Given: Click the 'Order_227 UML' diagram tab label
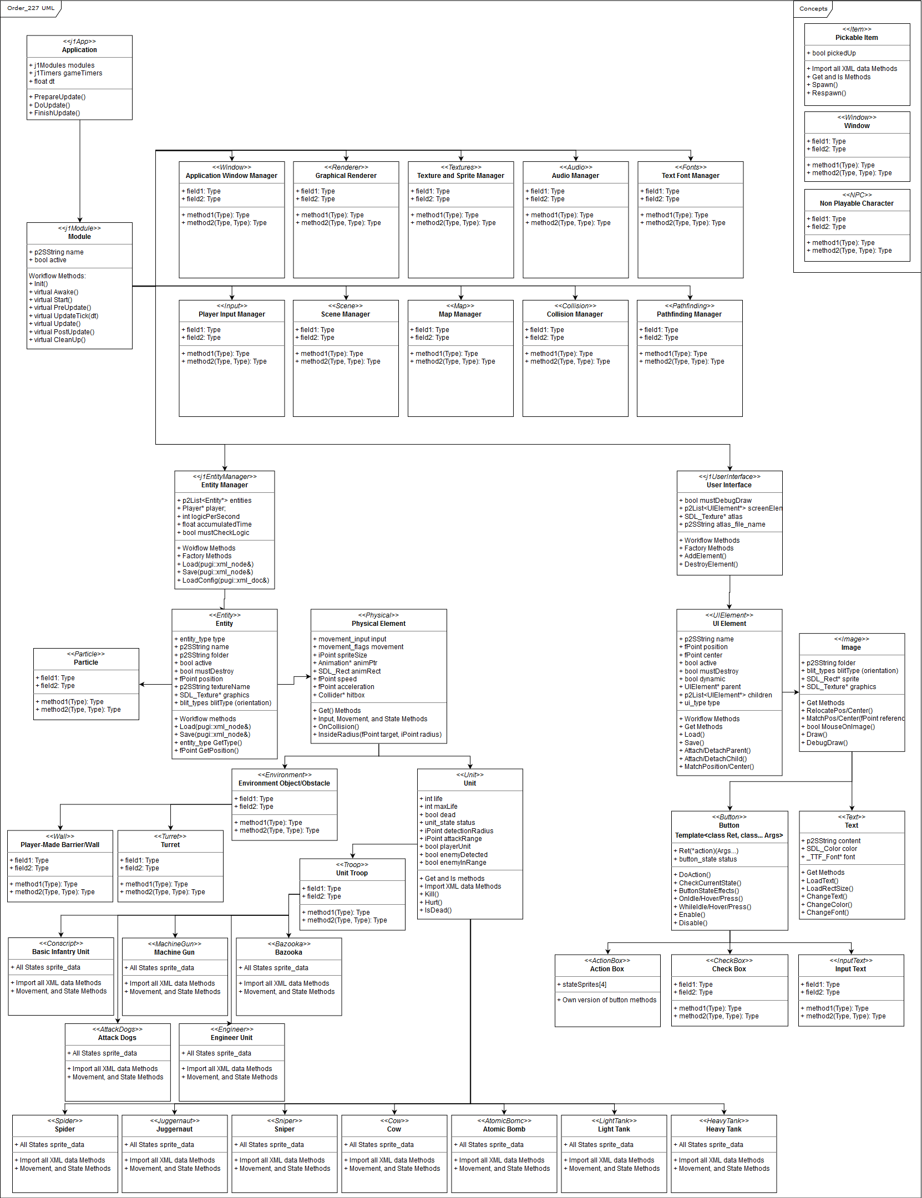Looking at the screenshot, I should pos(31,8).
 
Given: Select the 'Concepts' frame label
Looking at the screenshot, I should pos(813,9).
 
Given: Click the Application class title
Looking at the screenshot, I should pos(79,50).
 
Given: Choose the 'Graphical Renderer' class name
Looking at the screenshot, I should pos(346,176).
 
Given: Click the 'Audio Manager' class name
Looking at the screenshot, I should pos(575,176).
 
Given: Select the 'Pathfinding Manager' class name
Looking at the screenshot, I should pos(689,314).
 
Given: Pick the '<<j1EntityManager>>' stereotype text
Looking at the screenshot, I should pos(225,477).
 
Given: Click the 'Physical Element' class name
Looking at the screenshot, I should pos(378,624).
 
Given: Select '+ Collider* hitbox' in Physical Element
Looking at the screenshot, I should pos(341,695).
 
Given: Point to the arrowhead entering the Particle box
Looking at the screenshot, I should pos(142,685).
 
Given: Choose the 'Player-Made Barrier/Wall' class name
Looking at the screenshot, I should pos(60,845).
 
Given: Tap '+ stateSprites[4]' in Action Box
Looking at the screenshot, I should pos(584,985).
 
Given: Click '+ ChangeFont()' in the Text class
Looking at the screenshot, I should pos(827,912).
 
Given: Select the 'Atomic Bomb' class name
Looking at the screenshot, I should pos(504,1129).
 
